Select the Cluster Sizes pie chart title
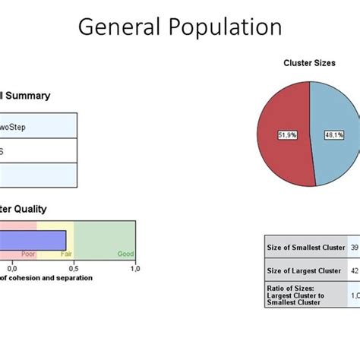tap(309, 63)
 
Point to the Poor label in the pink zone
tap(28, 255)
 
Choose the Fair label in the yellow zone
tap(66, 255)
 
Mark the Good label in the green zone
tap(125, 255)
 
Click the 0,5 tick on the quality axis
tap(74, 268)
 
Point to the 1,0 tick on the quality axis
tap(135, 268)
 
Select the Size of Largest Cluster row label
tap(303, 270)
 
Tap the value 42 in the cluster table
tap(355, 270)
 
